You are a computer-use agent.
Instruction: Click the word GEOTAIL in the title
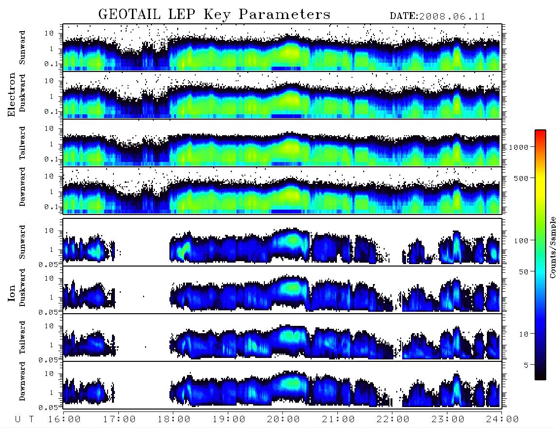(x=129, y=14)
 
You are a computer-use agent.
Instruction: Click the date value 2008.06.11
(x=452, y=17)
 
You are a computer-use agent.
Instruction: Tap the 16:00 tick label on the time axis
(x=65, y=419)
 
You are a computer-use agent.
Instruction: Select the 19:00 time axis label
(x=229, y=419)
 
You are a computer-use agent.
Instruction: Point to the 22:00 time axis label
(x=393, y=419)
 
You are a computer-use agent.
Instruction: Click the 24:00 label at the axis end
(x=502, y=419)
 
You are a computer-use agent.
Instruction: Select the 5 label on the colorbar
(x=526, y=365)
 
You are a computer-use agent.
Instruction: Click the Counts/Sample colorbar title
(x=552, y=247)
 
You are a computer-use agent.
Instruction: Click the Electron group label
(x=12, y=94)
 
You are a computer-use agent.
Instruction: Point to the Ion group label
(x=12, y=293)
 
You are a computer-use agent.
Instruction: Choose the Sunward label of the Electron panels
(x=22, y=48)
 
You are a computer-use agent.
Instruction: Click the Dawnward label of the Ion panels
(x=22, y=381)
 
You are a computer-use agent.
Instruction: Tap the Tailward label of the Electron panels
(x=22, y=143)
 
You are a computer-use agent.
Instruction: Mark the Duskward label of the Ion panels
(x=22, y=287)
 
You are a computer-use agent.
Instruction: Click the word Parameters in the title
(x=284, y=14)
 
